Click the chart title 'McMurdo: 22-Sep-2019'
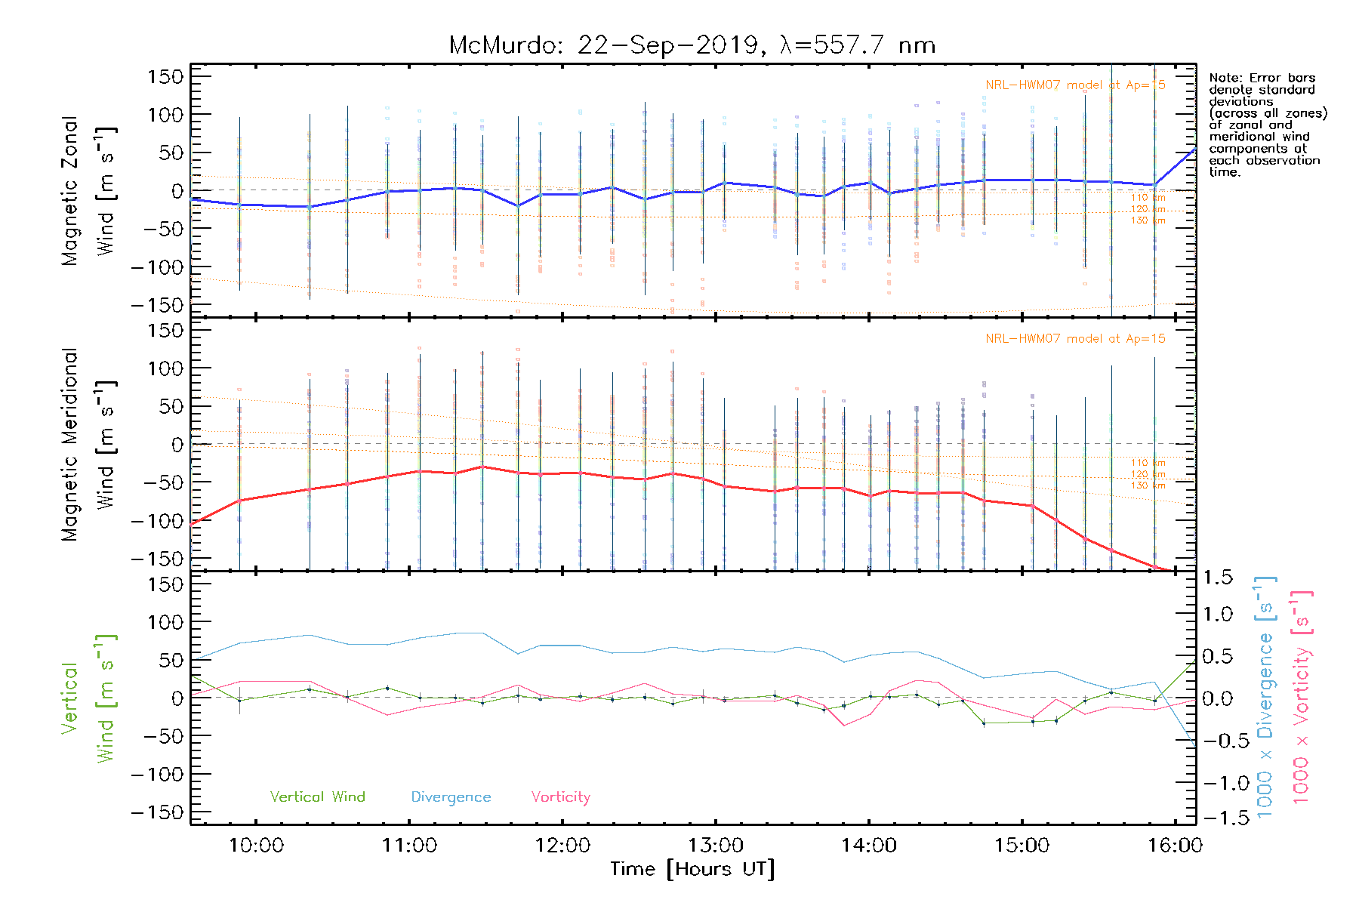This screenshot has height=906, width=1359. (x=604, y=45)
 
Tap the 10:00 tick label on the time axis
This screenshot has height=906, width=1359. (x=256, y=846)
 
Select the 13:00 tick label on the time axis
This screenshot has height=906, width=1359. (x=716, y=846)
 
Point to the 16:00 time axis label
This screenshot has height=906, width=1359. (x=1175, y=846)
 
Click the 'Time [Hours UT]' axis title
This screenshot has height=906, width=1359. (x=692, y=870)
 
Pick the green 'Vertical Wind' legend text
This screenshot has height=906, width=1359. (x=317, y=797)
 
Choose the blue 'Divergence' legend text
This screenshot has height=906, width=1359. (x=451, y=797)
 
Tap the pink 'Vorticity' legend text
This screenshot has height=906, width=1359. (x=560, y=797)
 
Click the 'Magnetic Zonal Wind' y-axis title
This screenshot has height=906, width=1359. (x=88, y=190)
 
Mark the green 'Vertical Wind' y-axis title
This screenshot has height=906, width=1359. (x=88, y=698)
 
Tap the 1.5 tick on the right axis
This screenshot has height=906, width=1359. (x=1218, y=578)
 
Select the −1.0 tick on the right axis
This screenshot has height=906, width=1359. (x=1217, y=783)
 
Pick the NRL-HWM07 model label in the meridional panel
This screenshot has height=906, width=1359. (x=1075, y=339)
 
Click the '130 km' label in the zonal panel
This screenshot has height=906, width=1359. (x=1148, y=220)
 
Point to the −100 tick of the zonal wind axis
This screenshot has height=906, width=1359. (x=157, y=267)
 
